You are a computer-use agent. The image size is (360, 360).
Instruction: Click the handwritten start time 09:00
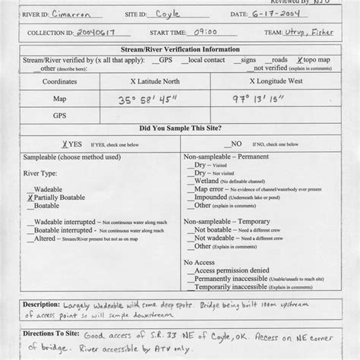(205, 33)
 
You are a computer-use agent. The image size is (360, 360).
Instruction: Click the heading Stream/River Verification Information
(181, 50)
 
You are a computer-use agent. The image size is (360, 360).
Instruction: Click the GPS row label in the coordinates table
(59, 115)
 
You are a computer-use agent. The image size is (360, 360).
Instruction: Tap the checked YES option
(50, 143)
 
